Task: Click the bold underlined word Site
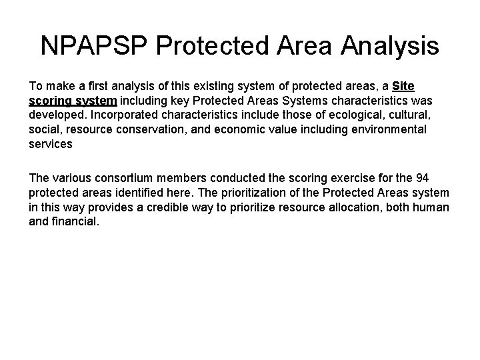pos(404,87)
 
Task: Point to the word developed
pos(58,115)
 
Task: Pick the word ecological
pos(363,115)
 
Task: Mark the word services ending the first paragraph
pos(51,143)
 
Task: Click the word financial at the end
pos(75,222)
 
